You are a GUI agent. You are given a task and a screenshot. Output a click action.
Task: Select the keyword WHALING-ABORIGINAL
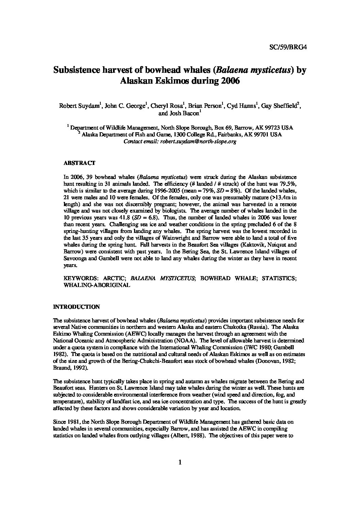click(x=97, y=285)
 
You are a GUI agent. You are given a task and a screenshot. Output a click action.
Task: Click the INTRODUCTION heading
click(x=77, y=307)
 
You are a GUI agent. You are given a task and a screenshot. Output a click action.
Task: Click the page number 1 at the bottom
click(x=180, y=462)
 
